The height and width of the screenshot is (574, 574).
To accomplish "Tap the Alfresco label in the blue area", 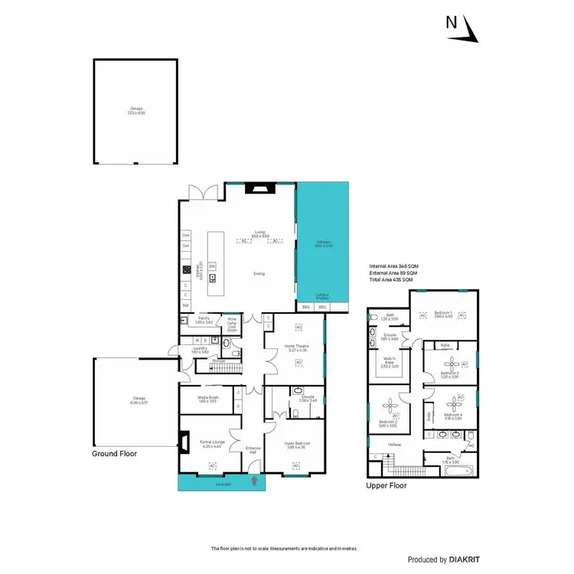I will [x=323, y=244].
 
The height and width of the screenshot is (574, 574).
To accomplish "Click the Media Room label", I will [x=209, y=400].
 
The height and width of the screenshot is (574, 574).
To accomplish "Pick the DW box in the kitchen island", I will [x=212, y=266].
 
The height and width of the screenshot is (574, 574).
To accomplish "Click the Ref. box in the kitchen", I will [x=185, y=304].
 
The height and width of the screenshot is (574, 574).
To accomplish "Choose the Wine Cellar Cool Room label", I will [x=232, y=324].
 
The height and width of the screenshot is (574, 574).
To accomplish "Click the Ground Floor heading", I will [x=115, y=453].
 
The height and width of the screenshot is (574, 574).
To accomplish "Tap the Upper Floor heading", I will [x=387, y=485].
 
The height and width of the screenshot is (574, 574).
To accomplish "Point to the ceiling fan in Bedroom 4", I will [x=461, y=399].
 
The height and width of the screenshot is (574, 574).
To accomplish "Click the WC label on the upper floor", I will [x=471, y=445].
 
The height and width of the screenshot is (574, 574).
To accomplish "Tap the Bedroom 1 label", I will [x=444, y=314].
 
